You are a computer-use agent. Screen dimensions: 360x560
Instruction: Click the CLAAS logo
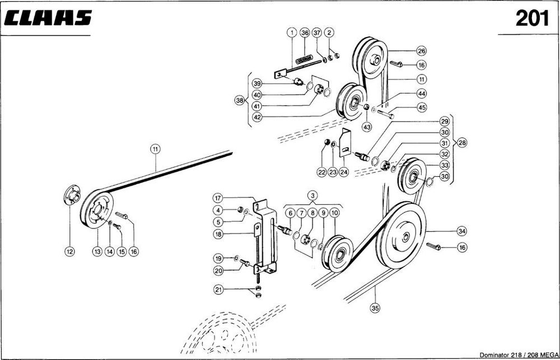(48, 18)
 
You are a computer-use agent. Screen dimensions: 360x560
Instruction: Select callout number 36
(305, 32)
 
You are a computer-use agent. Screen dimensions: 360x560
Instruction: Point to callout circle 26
(422, 50)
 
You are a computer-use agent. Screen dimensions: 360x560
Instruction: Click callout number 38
(240, 101)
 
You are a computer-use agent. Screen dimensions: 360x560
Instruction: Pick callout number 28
(462, 143)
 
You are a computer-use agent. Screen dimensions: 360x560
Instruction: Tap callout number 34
(461, 231)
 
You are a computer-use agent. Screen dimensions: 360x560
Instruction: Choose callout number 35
(375, 307)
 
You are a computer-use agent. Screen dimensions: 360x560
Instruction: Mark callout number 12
(69, 252)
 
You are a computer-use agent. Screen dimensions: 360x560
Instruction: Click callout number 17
(218, 198)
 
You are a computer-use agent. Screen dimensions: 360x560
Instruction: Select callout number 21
(218, 289)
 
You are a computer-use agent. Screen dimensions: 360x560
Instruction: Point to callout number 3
(312, 195)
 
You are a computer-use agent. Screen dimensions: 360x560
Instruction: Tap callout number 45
(422, 107)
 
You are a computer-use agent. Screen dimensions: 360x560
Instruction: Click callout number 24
(344, 173)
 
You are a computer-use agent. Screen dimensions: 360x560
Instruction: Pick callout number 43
(367, 127)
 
